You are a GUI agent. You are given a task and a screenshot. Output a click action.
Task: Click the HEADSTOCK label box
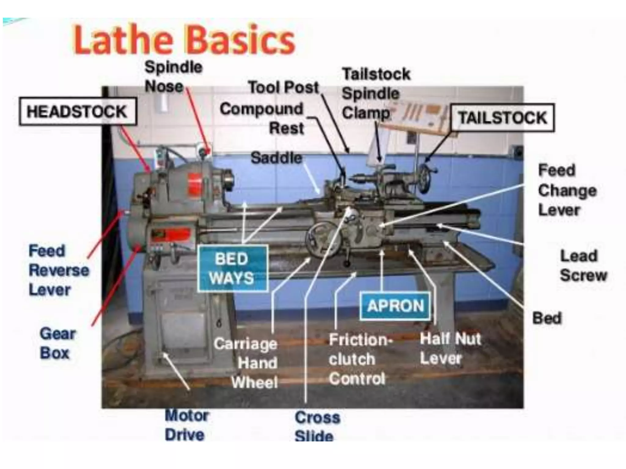77,111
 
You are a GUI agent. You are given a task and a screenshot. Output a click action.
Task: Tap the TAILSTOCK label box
503,118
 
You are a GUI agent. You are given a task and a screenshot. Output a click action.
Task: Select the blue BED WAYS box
232,268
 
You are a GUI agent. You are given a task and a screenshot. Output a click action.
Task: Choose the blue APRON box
396,306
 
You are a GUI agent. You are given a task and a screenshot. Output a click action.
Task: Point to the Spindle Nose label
173,77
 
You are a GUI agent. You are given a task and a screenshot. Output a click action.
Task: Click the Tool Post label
283,87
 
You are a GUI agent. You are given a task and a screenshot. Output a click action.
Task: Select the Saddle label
276,158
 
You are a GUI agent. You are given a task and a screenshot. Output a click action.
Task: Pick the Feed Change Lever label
567,190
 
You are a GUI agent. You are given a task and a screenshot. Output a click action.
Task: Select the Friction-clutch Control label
359,359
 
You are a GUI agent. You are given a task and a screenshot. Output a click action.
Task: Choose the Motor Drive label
186,425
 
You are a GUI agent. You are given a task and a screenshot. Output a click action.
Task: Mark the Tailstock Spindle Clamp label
376,93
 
